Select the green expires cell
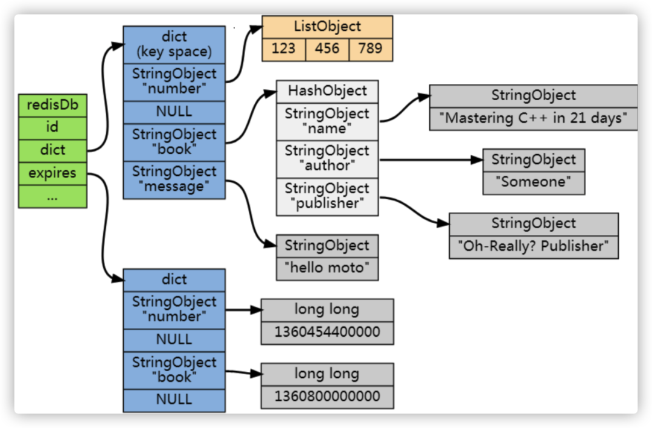(x=53, y=173)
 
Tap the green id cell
(x=53, y=127)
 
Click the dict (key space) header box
(x=174, y=44)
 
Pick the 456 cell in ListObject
(x=327, y=49)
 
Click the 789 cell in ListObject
(x=370, y=49)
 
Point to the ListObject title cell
(x=327, y=27)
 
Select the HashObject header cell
(x=327, y=91)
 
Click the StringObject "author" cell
(x=327, y=159)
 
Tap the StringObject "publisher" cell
(x=327, y=196)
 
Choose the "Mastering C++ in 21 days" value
(x=533, y=118)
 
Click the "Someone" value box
(x=533, y=182)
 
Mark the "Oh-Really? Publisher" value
(x=533, y=246)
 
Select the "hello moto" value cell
(x=327, y=268)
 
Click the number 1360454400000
(x=327, y=332)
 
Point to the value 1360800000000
(x=327, y=397)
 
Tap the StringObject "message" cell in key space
(x=174, y=180)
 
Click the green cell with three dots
(x=53, y=196)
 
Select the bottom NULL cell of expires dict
(x=174, y=400)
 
